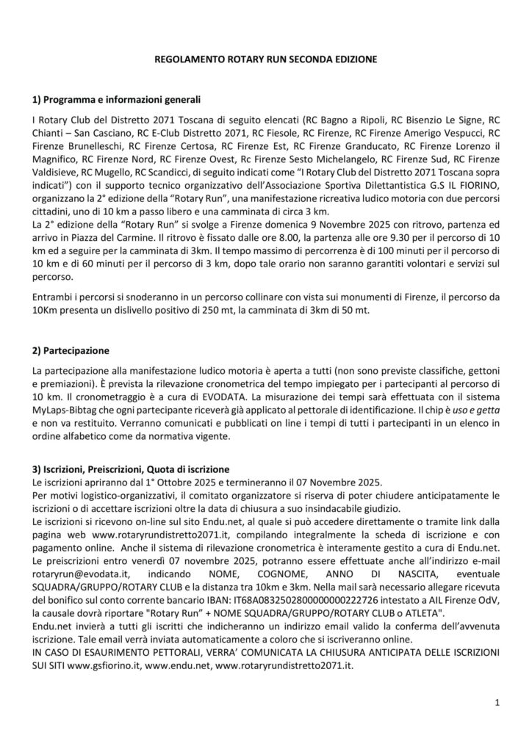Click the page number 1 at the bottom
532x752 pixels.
click(497, 703)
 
